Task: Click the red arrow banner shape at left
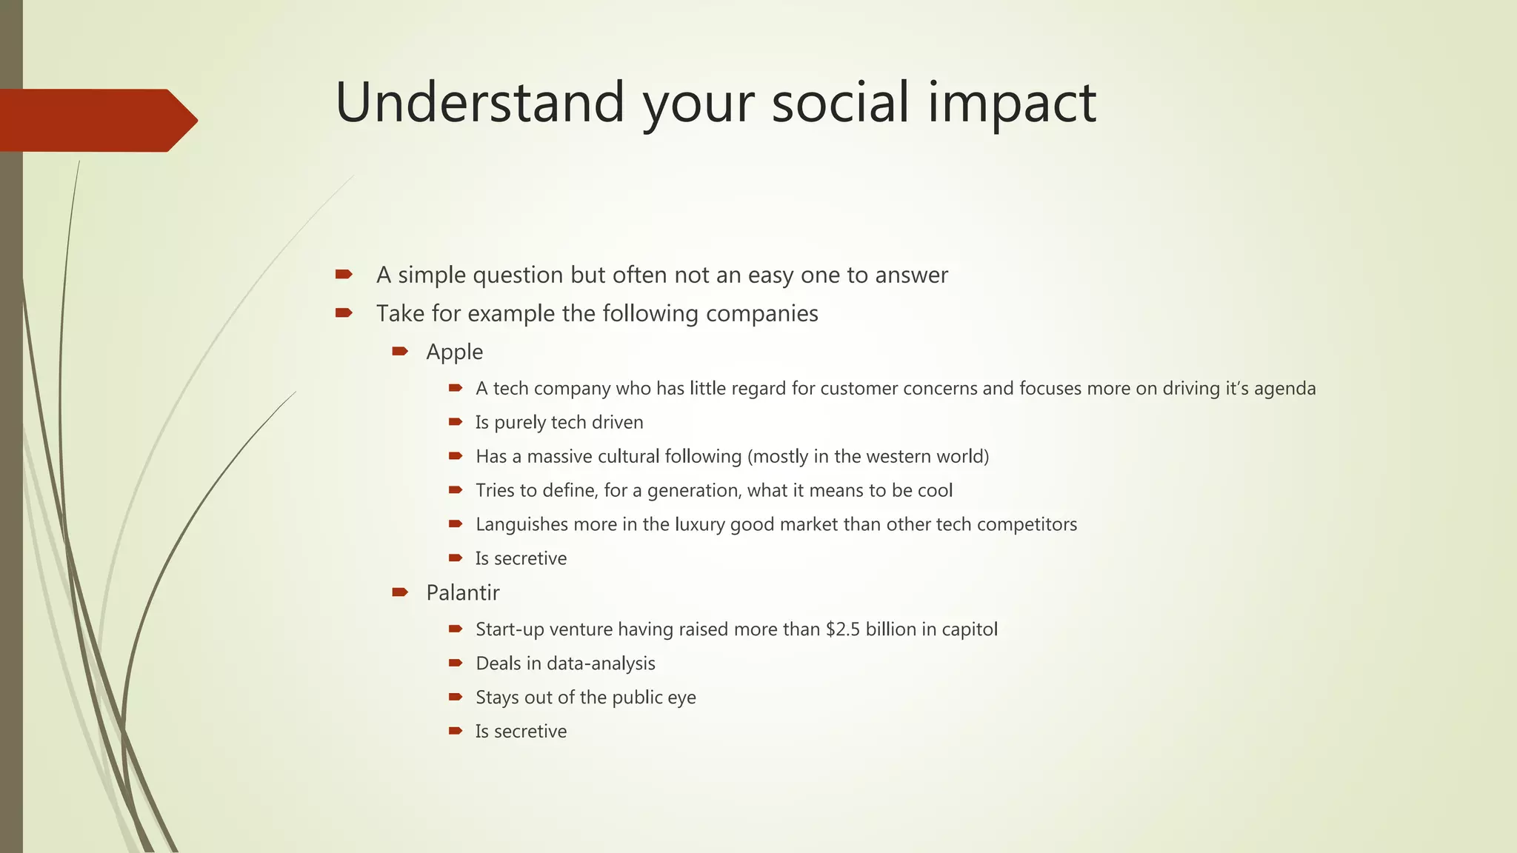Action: [x=96, y=120]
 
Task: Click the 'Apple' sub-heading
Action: [x=454, y=352]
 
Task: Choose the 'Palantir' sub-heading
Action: [x=462, y=592]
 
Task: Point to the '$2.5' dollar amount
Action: [x=843, y=629]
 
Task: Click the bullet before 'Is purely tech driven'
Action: [x=456, y=422]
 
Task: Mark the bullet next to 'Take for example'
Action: [x=344, y=313]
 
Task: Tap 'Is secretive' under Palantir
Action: [x=521, y=732]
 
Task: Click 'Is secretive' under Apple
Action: [x=521, y=558]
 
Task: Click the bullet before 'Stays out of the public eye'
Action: [x=456, y=697]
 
